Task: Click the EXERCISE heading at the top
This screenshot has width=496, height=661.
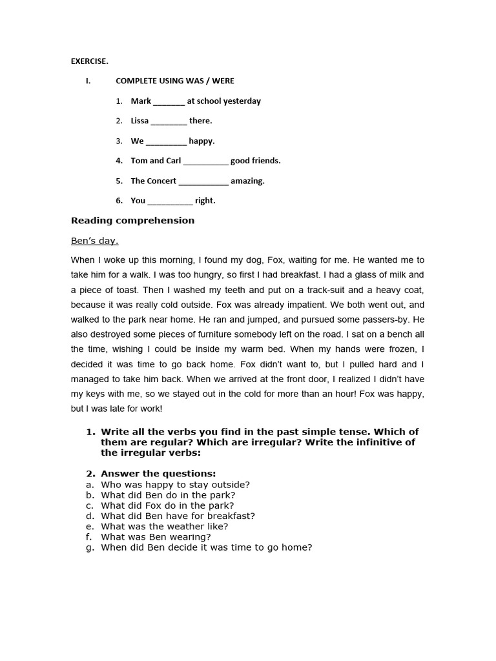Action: click(89, 61)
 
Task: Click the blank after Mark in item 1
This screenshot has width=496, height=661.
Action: click(169, 102)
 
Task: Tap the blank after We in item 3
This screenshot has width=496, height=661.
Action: click(166, 142)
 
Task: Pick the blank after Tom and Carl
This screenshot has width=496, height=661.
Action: click(205, 162)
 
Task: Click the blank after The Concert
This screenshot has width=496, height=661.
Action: click(203, 182)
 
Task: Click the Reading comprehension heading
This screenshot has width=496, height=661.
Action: click(132, 221)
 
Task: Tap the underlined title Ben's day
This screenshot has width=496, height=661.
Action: click(94, 241)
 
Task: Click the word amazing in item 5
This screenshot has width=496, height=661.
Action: click(247, 181)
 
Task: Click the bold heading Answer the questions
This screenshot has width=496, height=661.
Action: click(158, 474)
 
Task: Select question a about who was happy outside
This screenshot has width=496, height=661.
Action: click(175, 485)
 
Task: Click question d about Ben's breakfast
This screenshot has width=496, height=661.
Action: click(178, 516)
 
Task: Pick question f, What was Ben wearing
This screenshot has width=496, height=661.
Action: click(156, 536)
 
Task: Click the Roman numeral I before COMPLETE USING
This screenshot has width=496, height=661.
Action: click(87, 81)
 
